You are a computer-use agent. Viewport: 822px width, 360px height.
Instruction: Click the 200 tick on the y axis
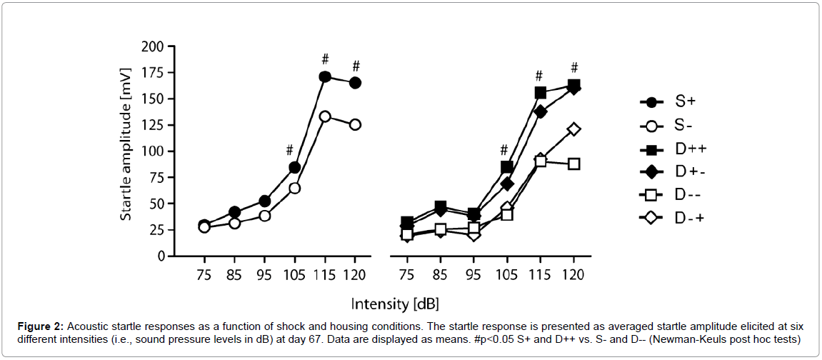pyautogui.click(x=154, y=46)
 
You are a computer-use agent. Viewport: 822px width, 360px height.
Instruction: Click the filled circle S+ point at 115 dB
pyautogui.click(x=325, y=76)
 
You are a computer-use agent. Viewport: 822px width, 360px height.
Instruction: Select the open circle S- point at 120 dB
pyautogui.click(x=354, y=125)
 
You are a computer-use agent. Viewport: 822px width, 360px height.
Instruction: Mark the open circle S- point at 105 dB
pyautogui.click(x=294, y=188)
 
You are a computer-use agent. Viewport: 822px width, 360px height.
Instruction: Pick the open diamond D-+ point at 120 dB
pyautogui.click(x=572, y=129)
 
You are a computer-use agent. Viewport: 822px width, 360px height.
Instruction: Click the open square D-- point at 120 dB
pyautogui.click(x=572, y=164)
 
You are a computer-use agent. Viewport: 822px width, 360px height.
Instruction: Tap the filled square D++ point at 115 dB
pyautogui.click(x=541, y=93)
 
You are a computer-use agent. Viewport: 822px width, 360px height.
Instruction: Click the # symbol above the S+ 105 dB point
pyautogui.click(x=289, y=151)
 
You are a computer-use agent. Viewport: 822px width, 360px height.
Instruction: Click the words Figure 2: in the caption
pyautogui.click(x=39, y=326)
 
